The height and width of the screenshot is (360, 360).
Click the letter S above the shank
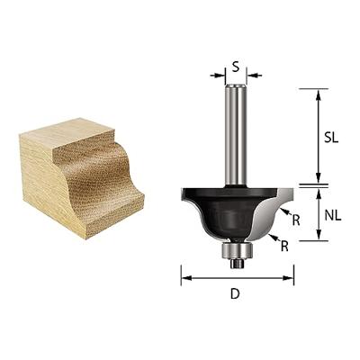[236, 66]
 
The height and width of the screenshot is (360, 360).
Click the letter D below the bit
[236, 293]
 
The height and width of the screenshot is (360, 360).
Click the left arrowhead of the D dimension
[184, 277]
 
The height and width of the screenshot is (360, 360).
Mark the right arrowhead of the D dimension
[290, 277]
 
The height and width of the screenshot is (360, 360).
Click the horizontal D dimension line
[236, 277]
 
